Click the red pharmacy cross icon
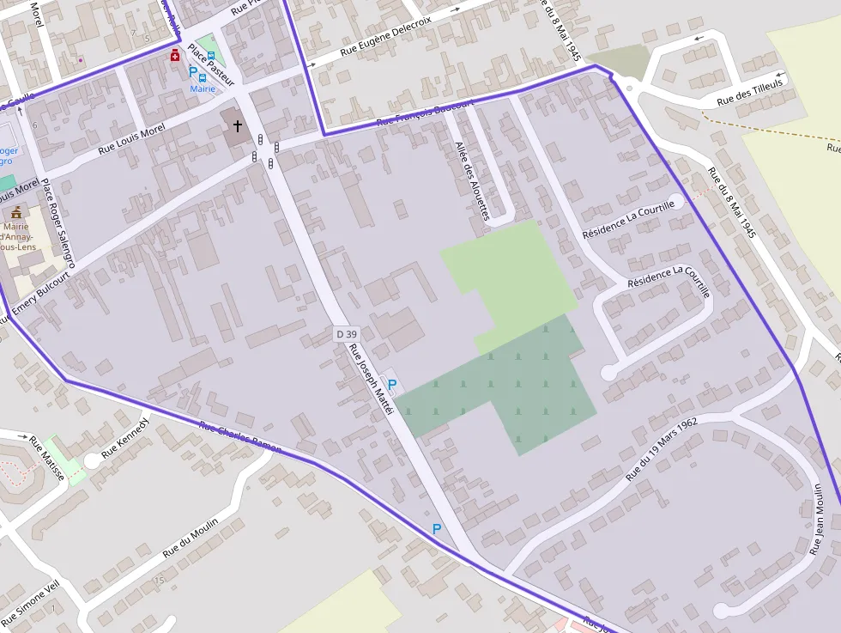(x=175, y=56)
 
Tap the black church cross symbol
(x=238, y=126)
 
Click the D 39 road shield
(x=346, y=333)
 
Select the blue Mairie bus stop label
(x=203, y=88)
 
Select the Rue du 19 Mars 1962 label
(x=661, y=449)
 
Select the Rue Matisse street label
(x=47, y=457)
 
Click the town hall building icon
(x=16, y=211)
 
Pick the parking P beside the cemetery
(x=392, y=385)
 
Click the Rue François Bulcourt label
(x=425, y=115)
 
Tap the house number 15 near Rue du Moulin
(x=159, y=581)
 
